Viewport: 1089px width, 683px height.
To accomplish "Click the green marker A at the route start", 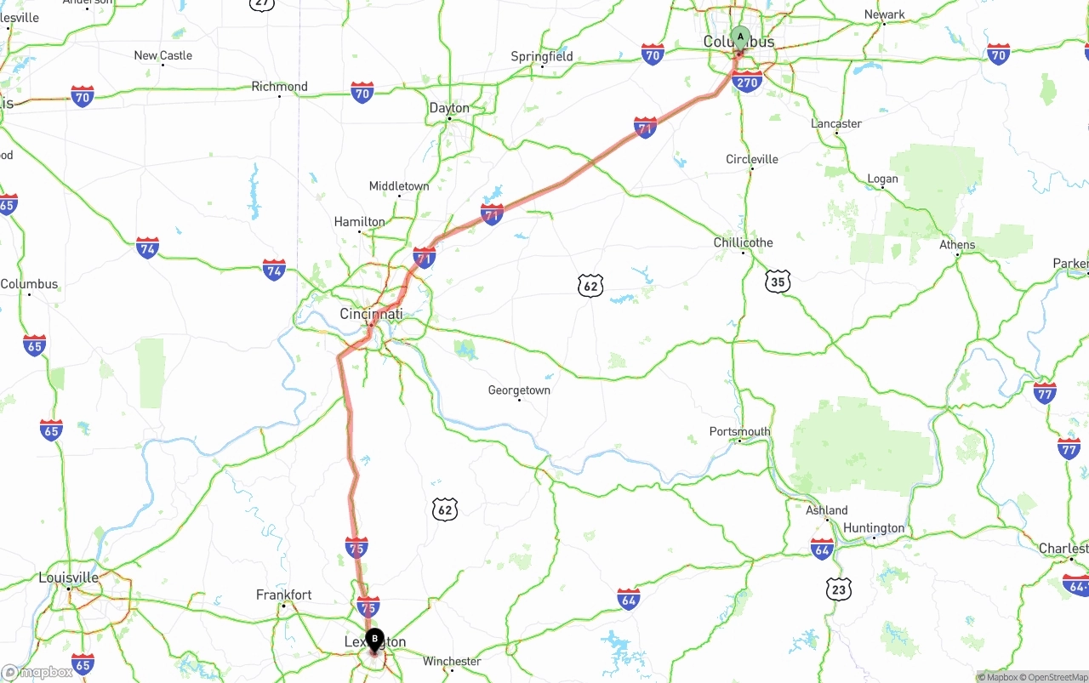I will pos(740,37).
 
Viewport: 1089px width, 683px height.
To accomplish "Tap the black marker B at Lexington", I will pos(374,639).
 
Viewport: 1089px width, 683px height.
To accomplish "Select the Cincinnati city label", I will pos(371,314).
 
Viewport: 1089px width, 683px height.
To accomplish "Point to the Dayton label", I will pos(449,108).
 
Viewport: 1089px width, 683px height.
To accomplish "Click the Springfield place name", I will pos(542,57).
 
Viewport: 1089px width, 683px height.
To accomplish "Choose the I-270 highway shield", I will pos(747,83).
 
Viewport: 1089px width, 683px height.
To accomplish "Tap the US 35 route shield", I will pos(777,282).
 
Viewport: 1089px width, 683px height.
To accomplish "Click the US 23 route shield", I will pos(838,588).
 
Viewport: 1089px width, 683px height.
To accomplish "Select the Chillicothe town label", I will pos(743,242).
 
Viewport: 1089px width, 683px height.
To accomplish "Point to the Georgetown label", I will pos(519,390).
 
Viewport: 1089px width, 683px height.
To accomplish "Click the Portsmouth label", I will pos(739,431).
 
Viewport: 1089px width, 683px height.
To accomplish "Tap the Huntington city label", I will pos(874,528).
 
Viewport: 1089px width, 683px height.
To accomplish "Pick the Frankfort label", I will pos(284,595).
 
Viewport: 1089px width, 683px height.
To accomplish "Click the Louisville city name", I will pos(68,578).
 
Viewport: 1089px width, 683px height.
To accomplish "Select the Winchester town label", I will pos(452,661).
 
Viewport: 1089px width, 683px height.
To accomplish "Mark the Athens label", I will pos(957,245).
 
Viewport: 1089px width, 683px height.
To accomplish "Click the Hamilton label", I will pos(359,222).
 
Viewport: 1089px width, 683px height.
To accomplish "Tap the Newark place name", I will pos(885,14).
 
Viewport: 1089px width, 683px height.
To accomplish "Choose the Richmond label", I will pos(279,87).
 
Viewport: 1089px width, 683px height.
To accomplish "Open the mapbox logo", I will pos(37,672).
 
